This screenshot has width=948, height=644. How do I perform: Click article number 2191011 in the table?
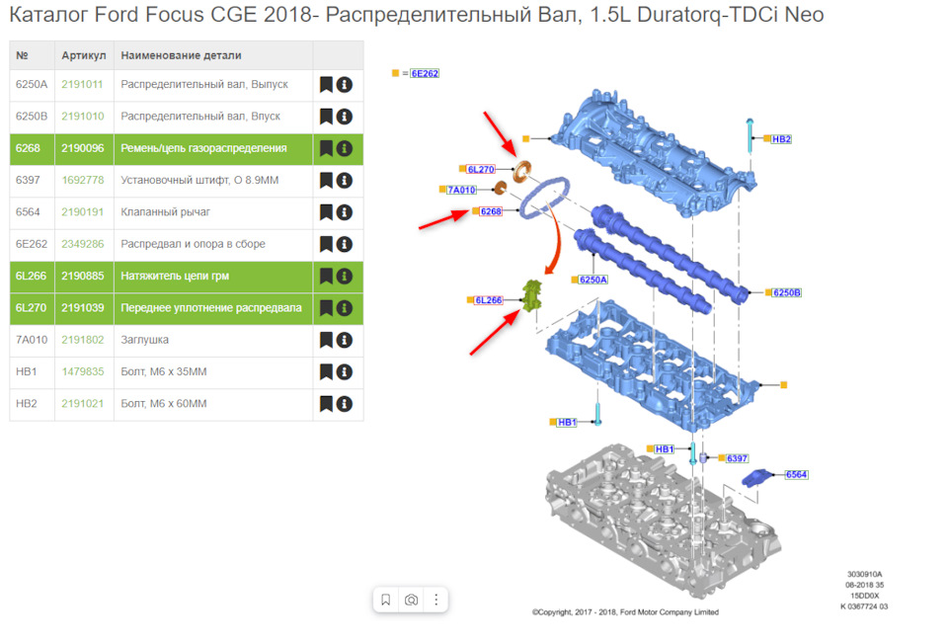tap(82, 85)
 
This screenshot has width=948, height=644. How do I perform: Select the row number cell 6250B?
tap(32, 117)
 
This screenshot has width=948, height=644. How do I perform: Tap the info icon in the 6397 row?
tap(345, 180)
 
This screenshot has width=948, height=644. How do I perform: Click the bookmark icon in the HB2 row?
tap(326, 403)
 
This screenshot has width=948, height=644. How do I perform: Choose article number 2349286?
tap(83, 244)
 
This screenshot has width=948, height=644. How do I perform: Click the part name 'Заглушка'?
tap(144, 340)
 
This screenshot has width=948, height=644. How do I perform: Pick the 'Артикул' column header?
tap(83, 55)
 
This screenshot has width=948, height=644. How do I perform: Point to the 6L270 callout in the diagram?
tap(481, 169)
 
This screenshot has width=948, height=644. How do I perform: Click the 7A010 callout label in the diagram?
tap(461, 190)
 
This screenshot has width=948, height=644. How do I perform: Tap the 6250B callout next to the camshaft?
tap(787, 292)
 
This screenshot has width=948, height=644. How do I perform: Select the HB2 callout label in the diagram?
tap(781, 139)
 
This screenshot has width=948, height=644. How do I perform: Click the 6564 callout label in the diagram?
tap(796, 475)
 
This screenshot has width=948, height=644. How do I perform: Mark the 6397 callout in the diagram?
tap(737, 458)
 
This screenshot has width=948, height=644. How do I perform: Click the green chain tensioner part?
tap(532, 295)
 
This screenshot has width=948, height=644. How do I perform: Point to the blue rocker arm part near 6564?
tap(757, 478)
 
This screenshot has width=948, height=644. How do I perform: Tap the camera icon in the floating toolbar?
tap(411, 600)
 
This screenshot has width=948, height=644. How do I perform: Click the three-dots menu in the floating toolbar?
tap(435, 600)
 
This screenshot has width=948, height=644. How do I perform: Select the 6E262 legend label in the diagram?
tap(425, 73)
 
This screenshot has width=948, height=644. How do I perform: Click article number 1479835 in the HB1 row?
tap(83, 372)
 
